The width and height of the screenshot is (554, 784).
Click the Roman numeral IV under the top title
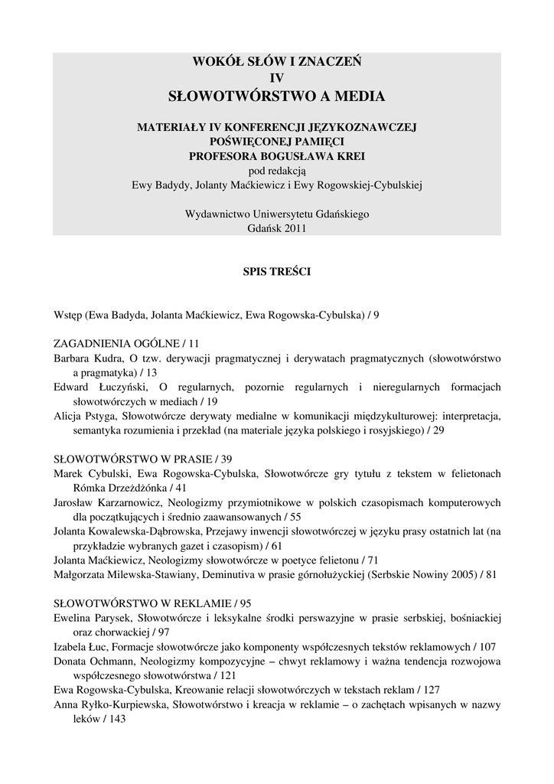(x=277, y=77)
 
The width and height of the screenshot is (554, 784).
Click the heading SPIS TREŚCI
(x=277, y=270)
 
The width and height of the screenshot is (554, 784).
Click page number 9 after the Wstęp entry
(x=376, y=314)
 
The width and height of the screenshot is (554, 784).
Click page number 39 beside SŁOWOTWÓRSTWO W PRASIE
(x=226, y=459)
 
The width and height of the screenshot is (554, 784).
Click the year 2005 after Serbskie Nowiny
(x=458, y=574)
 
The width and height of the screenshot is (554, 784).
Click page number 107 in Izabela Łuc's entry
(x=486, y=646)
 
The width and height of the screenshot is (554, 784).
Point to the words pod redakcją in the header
(x=277, y=170)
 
